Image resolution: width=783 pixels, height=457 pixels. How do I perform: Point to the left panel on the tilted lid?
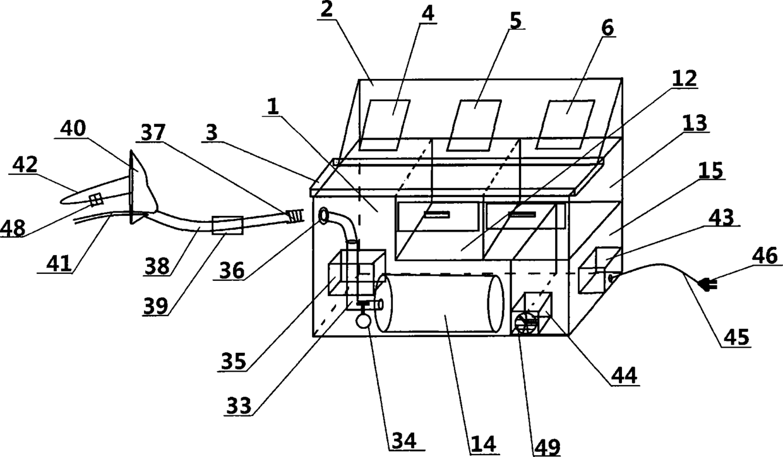(x=385, y=124)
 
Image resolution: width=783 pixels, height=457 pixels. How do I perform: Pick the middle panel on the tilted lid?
(x=474, y=124)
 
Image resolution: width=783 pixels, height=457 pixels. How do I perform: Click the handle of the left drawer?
(x=436, y=215)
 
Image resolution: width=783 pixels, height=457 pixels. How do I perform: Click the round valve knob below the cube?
(x=364, y=320)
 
